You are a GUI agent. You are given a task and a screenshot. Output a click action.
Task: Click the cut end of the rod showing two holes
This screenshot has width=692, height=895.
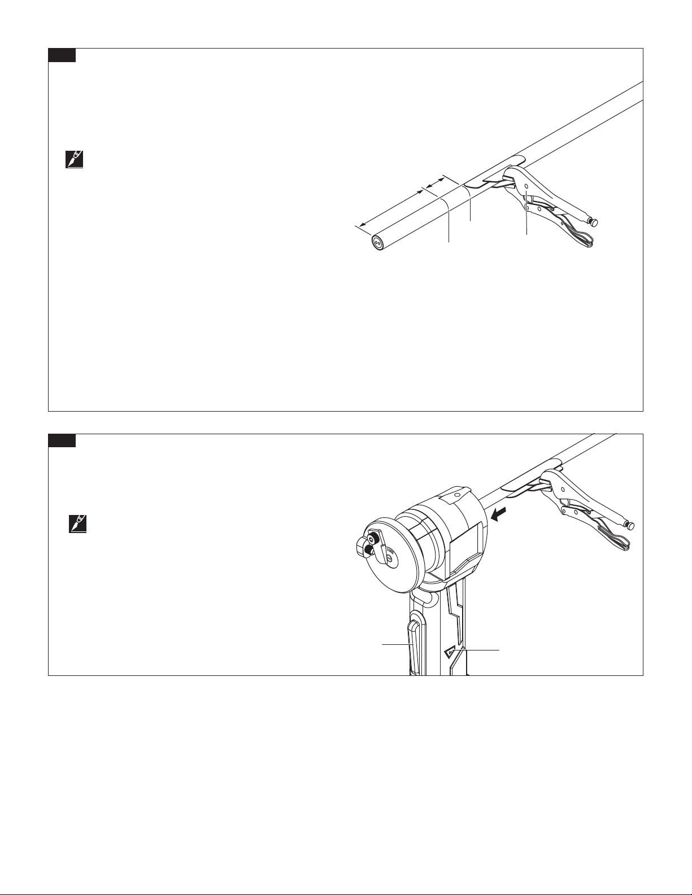377,242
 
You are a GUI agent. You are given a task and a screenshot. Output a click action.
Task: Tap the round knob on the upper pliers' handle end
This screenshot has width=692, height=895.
594,221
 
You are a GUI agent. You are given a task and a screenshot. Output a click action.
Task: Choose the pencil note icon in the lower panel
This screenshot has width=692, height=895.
76,525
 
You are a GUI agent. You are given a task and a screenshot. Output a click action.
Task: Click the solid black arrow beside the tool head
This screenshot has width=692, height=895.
497,514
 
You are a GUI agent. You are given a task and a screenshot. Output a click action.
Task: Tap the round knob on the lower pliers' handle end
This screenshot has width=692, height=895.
630,526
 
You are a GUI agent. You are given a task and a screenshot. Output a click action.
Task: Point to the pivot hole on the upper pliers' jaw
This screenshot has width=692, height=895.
526,185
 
